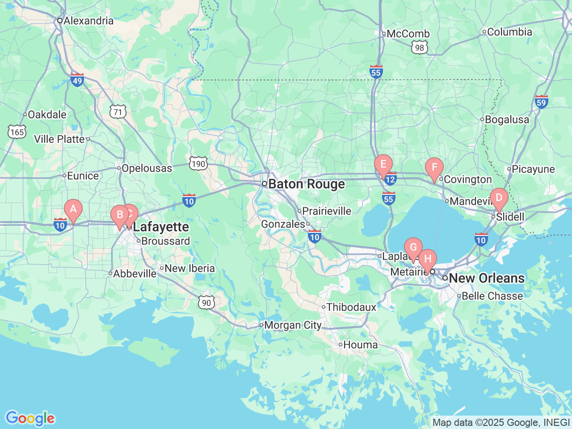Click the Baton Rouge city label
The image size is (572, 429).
(x=307, y=184)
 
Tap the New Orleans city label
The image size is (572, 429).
(x=486, y=278)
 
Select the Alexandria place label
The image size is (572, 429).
(x=88, y=21)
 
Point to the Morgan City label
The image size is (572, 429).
(x=293, y=325)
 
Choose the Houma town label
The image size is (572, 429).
(x=360, y=345)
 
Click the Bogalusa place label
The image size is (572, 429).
(x=507, y=120)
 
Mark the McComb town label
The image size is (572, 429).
(x=408, y=34)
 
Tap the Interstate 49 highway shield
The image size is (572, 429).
(x=77, y=80)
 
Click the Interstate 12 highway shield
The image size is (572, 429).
(x=390, y=179)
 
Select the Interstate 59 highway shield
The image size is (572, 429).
(x=541, y=102)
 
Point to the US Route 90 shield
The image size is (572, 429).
(x=206, y=303)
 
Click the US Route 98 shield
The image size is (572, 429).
(x=419, y=48)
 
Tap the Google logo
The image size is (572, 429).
(x=30, y=418)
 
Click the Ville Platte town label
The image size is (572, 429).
(x=59, y=139)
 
